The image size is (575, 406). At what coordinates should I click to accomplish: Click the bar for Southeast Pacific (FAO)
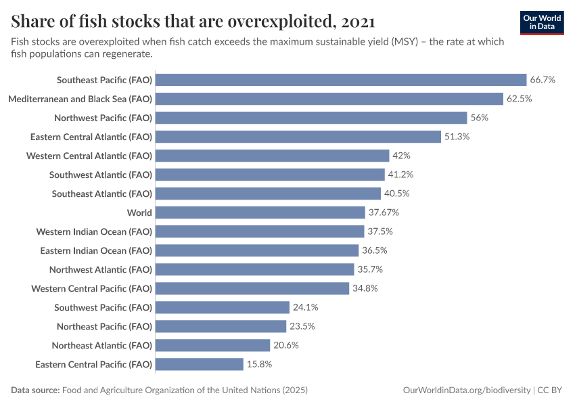(341, 80)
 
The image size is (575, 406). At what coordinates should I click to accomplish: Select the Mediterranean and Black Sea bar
(329, 99)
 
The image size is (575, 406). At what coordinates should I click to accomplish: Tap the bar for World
(260, 212)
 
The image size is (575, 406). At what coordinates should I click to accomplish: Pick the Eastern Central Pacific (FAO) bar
(200, 364)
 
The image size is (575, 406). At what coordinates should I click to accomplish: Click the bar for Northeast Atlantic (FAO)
(213, 345)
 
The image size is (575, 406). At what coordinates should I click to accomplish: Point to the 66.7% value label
(543, 80)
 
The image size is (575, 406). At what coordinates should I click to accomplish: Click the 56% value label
(480, 118)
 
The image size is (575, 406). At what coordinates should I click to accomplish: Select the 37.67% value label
(384, 212)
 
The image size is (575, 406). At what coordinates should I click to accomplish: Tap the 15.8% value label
(260, 364)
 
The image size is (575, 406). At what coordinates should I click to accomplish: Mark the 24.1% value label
(305, 307)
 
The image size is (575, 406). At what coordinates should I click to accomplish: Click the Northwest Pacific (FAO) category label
(103, 118)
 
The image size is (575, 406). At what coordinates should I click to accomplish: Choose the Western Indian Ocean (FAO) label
(94, 231)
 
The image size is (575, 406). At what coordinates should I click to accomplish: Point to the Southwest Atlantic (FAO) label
(101, 175)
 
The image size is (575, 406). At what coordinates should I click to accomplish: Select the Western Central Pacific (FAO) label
(91, 288)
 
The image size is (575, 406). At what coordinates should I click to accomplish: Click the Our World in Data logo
(542, 22)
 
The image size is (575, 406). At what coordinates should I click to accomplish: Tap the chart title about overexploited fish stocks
(193, 22)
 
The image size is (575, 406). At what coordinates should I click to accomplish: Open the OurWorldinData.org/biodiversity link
(466, 390)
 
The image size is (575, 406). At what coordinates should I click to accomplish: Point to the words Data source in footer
(34, 390)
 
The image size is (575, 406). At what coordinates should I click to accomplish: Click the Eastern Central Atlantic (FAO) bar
(298, 137)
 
